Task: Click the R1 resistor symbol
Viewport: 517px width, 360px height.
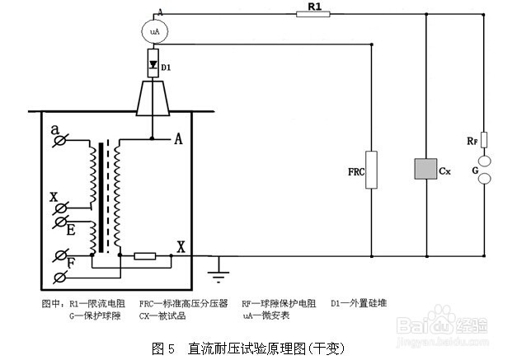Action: point(313,14)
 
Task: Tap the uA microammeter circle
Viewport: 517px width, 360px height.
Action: point(155,31)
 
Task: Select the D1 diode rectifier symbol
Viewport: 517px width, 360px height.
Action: point(153,63)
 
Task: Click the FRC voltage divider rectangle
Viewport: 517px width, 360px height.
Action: point(371,170)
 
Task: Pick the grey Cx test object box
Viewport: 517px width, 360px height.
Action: point(425,169)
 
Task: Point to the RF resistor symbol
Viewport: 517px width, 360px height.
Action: point(484,140)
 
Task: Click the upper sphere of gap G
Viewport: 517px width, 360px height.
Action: point(484,161)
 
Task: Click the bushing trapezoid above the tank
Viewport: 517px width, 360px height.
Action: point(153,98)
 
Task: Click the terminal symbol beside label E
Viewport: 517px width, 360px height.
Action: point(61,222)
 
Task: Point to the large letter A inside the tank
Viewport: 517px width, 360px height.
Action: point(178,139)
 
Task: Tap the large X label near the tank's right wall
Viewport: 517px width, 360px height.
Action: point(181,246)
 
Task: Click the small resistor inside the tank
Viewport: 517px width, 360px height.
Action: point(145,256)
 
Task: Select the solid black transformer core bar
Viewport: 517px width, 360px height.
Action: point(101,198)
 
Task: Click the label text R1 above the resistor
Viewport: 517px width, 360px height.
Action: point(314,6)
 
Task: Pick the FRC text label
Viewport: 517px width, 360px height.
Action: point(356,171)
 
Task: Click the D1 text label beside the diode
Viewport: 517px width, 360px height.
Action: point(166,68)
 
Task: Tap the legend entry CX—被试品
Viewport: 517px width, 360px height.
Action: point(162,316)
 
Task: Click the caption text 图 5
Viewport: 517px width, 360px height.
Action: point(162,348)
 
